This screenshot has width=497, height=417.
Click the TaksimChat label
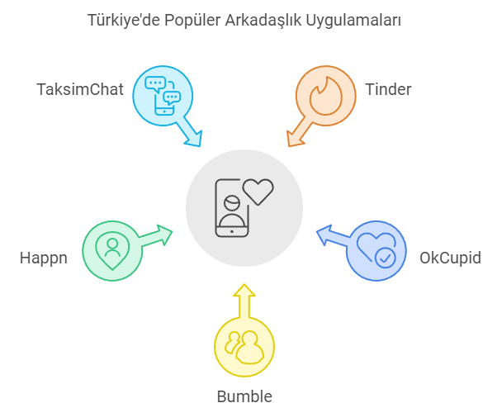click(x=80, y=89)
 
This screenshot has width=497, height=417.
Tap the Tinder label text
click(x=388, y=89)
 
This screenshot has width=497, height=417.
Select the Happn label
click(x=44, y=258)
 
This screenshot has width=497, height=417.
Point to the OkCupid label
click(x=450, y=258)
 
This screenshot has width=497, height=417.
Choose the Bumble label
click(x=244, y=396)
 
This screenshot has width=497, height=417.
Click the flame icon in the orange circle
click(x=326, y=96)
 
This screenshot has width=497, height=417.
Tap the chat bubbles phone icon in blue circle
click(x=163, y=96)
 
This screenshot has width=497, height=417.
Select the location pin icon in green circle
click(x=112, y=251)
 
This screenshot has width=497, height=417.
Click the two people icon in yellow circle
click(x=244, y=348)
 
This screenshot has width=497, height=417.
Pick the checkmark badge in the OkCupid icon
click(x=385, y=258)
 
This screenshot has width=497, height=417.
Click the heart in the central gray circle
click(x=258, y=192)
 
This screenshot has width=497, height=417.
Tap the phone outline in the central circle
click(x=232, y=208)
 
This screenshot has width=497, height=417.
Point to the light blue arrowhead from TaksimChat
click(x=193, y=139)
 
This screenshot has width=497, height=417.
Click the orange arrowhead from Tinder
click(x=295, y=139)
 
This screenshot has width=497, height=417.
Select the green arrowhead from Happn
click(x=164, y=235)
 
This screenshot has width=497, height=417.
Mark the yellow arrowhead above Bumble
click(x=244, y=291)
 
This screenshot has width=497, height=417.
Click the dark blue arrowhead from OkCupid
click(x=324, y=235)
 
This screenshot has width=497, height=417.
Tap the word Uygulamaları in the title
click(x=353, y=21)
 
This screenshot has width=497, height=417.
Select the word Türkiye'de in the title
click(x=123, y=20)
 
